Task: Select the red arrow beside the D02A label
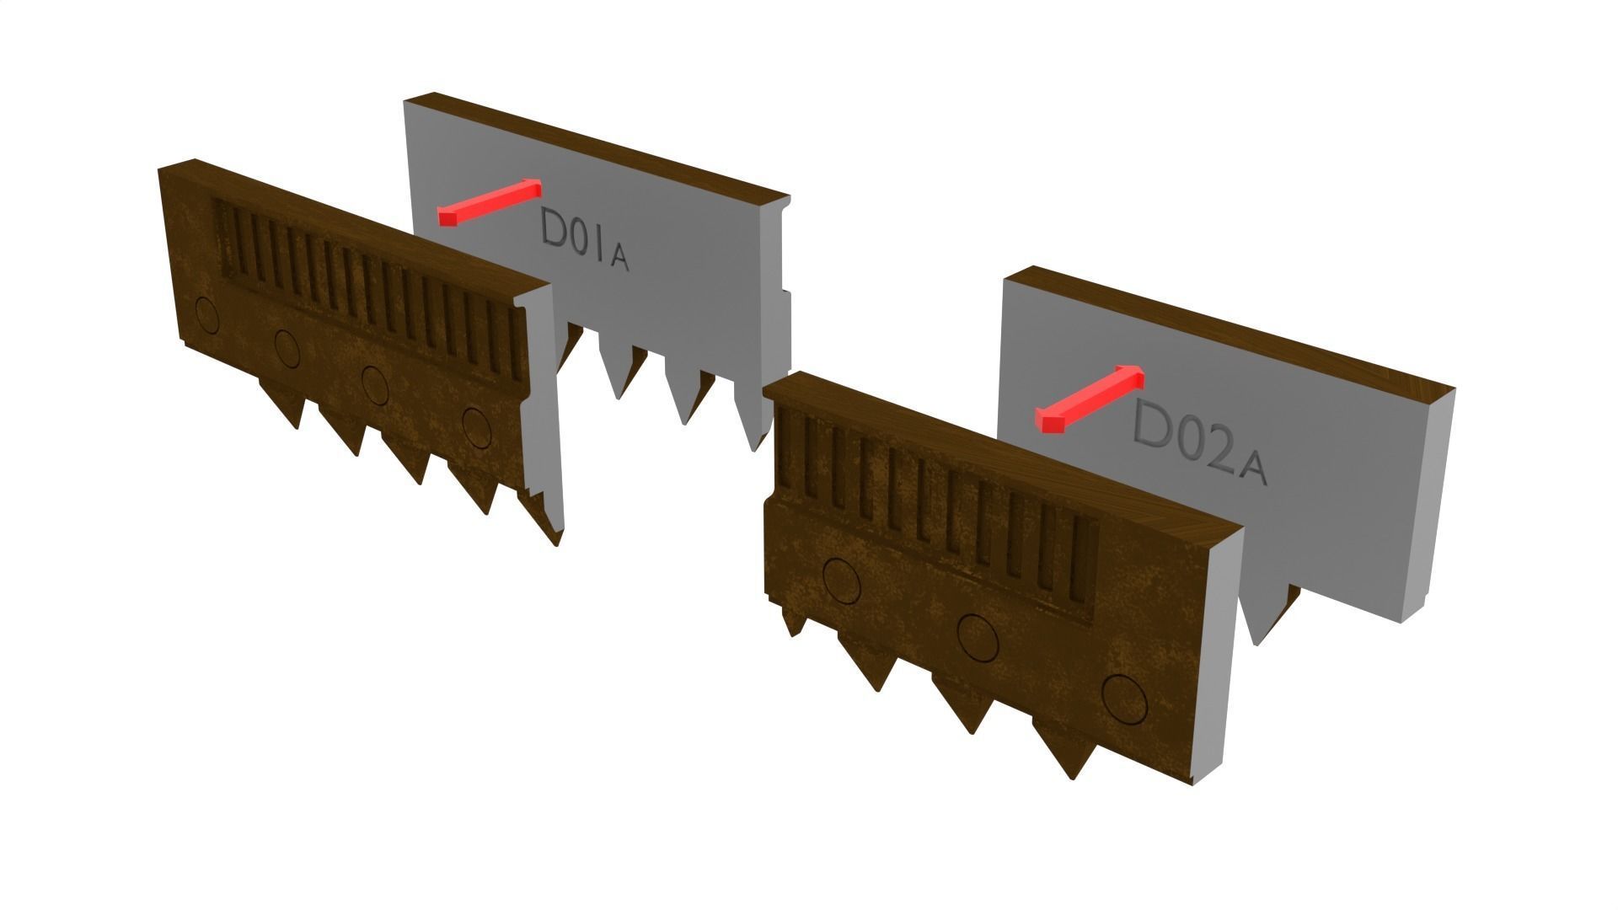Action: pos(1089,399)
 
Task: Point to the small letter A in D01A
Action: pos(619,260)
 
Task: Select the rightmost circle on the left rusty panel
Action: pos(476,426)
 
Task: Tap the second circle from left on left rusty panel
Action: pos(287,349)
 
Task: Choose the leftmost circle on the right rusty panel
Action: pos(842,581)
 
